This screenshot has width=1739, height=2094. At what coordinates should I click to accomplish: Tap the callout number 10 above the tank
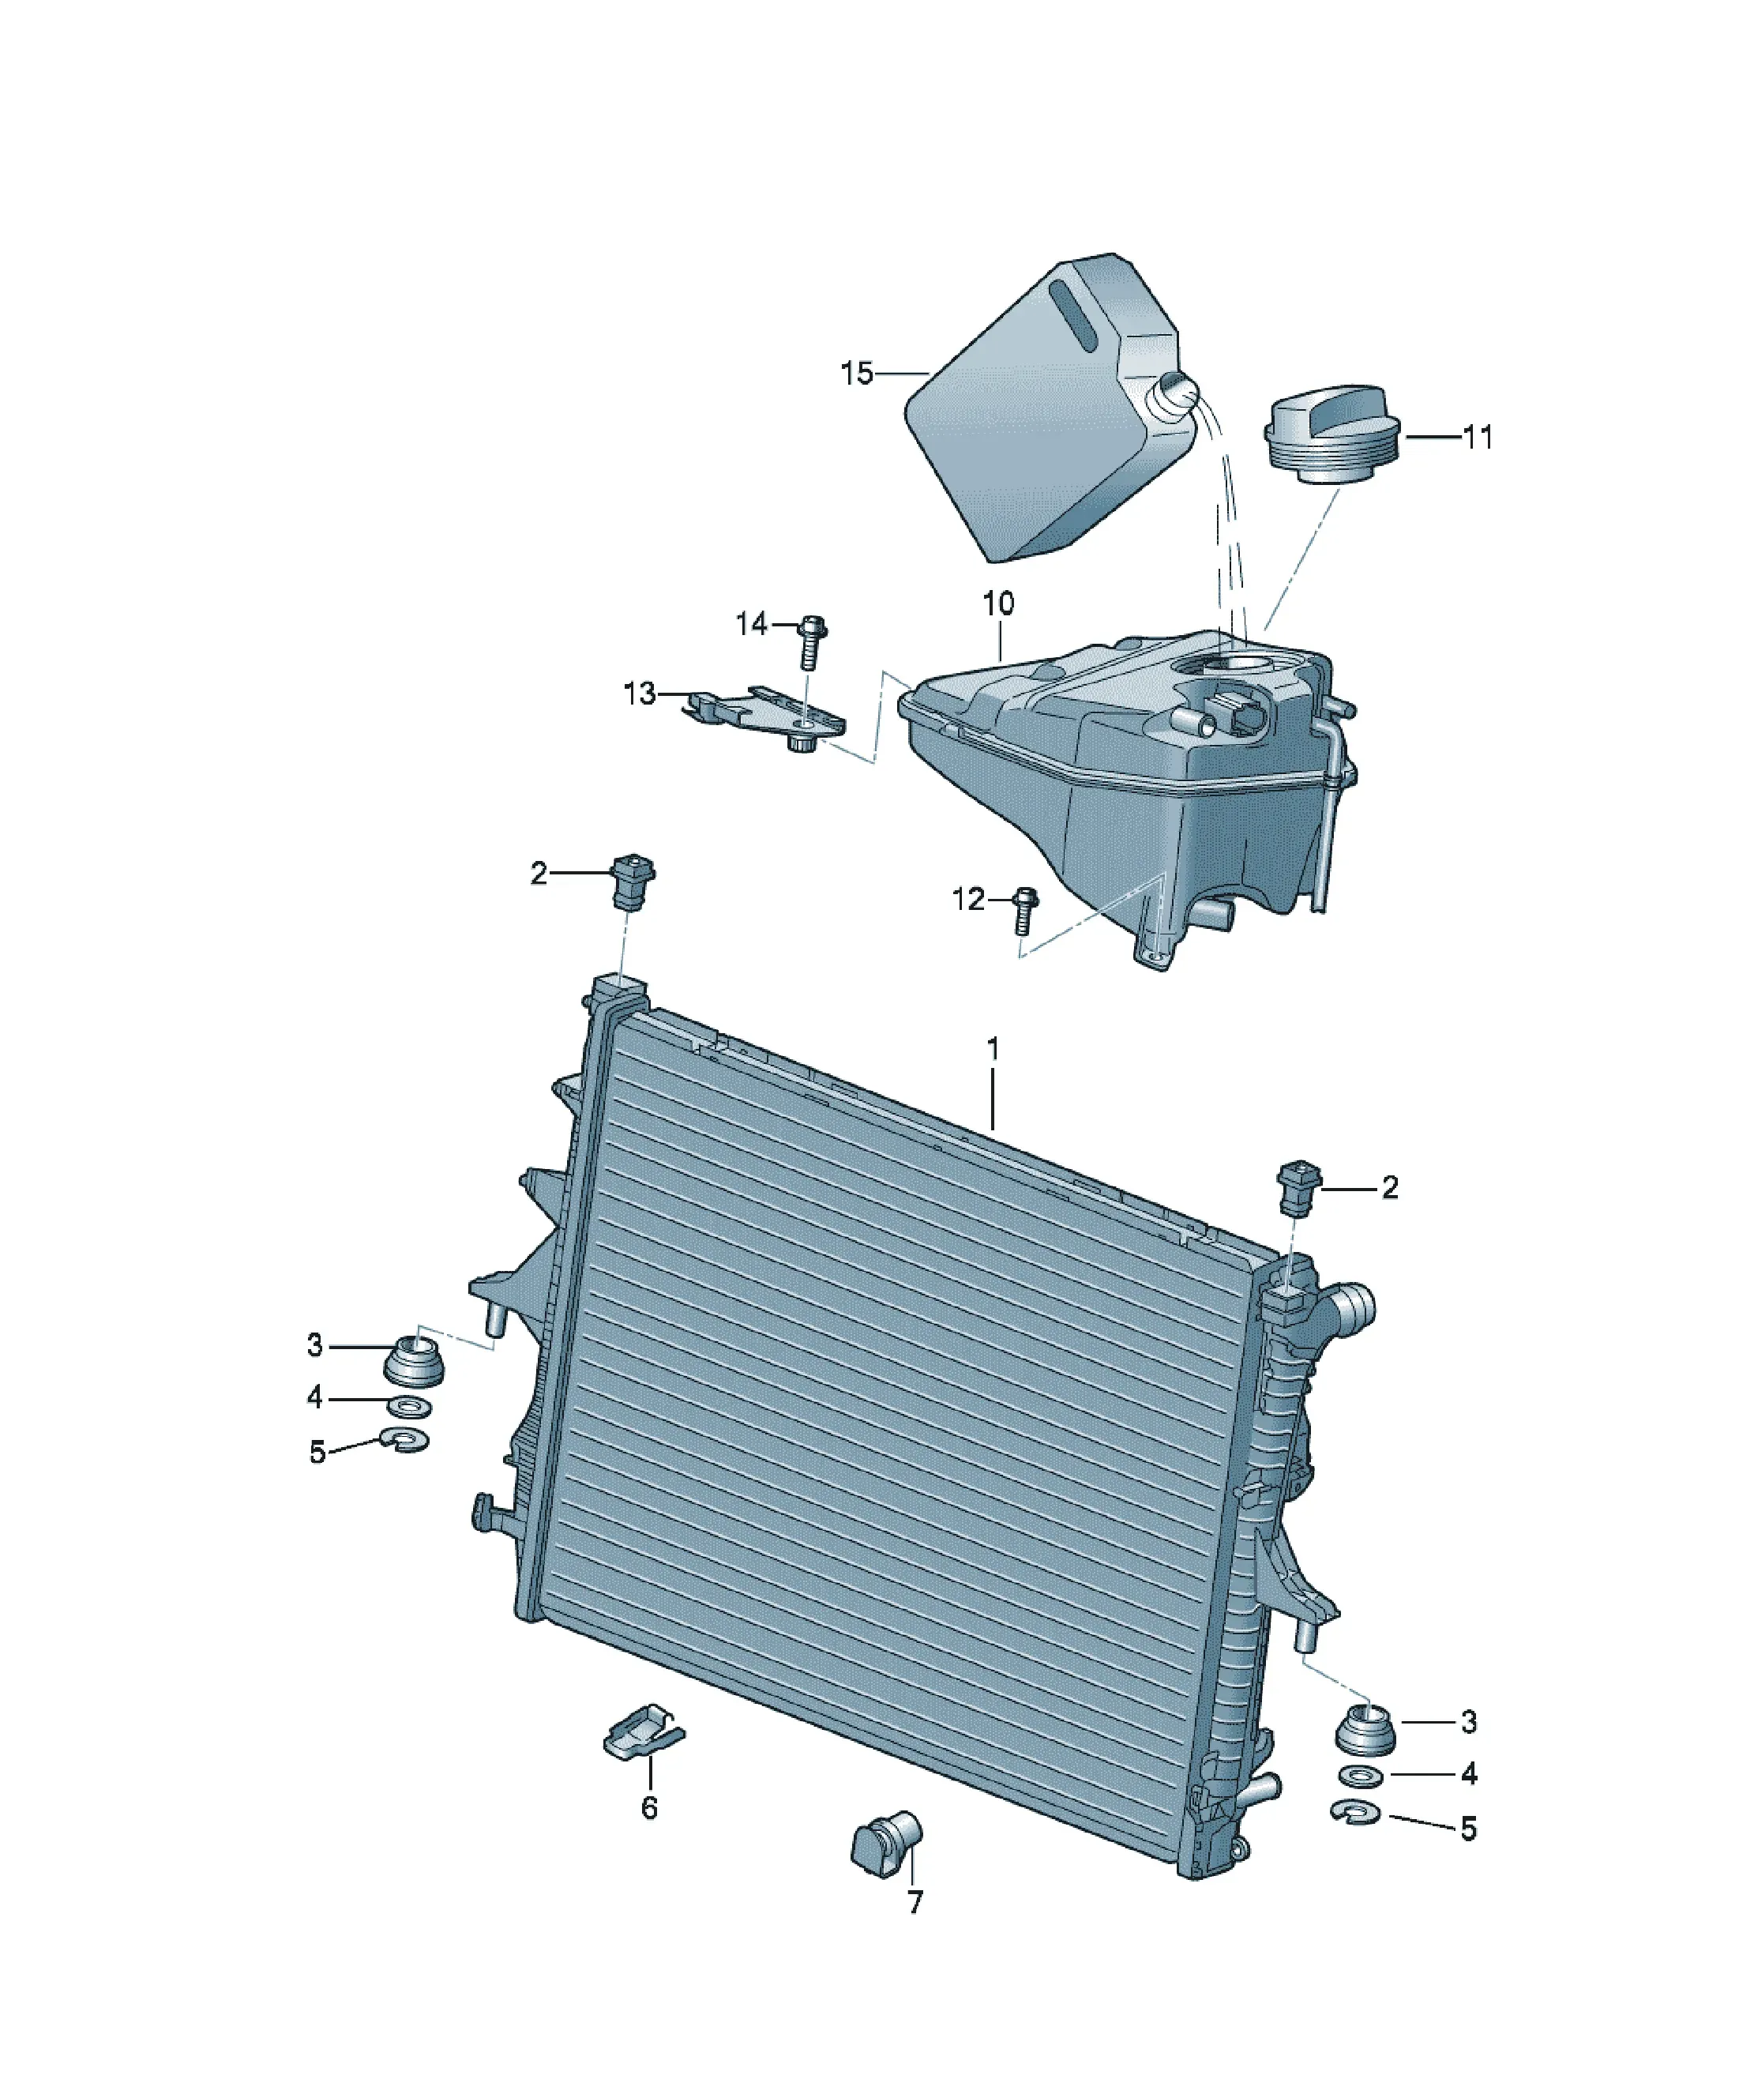(998, 603)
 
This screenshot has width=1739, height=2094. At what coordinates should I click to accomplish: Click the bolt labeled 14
(813, 642)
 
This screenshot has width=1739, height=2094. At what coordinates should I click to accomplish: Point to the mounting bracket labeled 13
(764, 717)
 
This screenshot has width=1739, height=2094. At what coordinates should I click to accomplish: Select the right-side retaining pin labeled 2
(1298, 1186)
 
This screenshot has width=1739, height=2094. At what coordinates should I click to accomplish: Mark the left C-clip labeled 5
(406, 1442)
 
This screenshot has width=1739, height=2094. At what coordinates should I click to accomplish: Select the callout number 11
(1477, 437)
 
